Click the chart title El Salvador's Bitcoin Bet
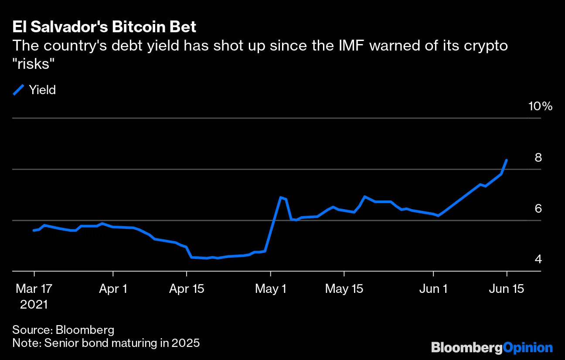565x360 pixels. pos(104,27)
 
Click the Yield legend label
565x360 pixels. pos(42,90)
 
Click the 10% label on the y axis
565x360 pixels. pos(540,106)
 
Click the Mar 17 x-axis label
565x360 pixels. pos(34,289)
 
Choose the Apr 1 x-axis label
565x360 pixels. pos(113,289)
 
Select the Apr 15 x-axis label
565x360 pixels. pos(186,289)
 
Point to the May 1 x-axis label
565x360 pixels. pos(271,289)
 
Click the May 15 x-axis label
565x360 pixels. pos(344,289)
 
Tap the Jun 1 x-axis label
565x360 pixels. pos(433,289)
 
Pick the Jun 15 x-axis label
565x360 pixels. pos(507,289)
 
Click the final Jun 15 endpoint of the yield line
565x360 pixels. pos(507,160)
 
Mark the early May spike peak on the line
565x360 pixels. pos(281,197)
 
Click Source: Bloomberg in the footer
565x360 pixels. pos(63,329)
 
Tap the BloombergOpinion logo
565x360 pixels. pos(492,347)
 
